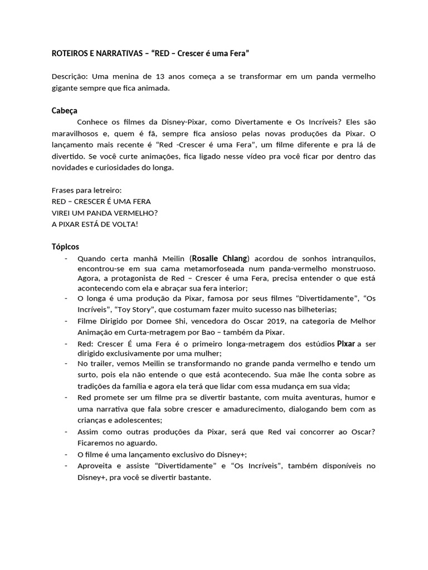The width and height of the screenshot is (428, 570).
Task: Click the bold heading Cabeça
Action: coord(65,111)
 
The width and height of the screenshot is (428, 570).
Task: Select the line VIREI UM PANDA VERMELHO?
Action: coord(105,212)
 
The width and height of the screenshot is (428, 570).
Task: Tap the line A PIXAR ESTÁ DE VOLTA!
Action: coord(95,223)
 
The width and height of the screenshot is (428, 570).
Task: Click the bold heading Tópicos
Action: coord(66,246)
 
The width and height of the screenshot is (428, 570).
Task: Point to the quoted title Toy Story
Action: coord(130,309)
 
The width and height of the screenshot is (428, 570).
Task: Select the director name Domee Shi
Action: coord(152,321)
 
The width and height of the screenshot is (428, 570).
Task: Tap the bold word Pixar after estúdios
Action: coord(346,343)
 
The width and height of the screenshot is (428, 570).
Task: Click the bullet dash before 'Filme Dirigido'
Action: coord(66,321)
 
